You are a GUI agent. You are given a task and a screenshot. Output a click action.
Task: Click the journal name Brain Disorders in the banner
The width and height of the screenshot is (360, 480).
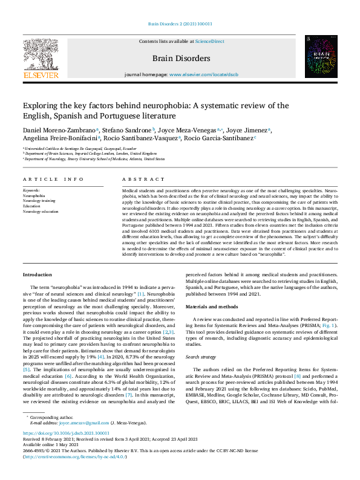click(182, 59)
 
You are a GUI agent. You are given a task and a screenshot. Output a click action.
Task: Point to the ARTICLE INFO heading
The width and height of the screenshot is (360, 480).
click(54, 180)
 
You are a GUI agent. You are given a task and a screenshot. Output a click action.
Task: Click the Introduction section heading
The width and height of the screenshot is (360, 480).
click(38, 274)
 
